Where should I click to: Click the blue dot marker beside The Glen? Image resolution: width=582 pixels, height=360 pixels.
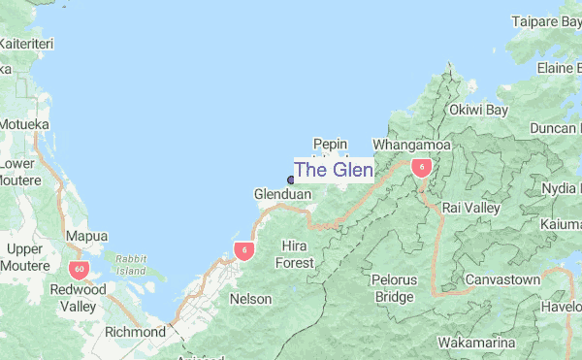291,179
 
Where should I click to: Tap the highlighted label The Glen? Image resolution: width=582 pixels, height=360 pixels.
333,170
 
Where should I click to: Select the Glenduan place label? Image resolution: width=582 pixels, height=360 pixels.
282,195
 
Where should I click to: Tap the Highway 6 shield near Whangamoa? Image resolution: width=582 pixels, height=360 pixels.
421,167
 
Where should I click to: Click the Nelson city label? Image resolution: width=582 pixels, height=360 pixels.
250,299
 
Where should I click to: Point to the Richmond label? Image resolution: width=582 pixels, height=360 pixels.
135,332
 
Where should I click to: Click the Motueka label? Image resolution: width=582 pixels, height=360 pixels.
25,124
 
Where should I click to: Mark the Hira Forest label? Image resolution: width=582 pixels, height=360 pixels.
296,254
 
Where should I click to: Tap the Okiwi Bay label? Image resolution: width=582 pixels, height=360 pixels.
479,111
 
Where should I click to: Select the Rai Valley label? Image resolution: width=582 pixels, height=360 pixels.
470,208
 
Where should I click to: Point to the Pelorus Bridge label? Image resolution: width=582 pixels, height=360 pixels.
394,287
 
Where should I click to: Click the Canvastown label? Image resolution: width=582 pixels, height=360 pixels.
501,279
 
